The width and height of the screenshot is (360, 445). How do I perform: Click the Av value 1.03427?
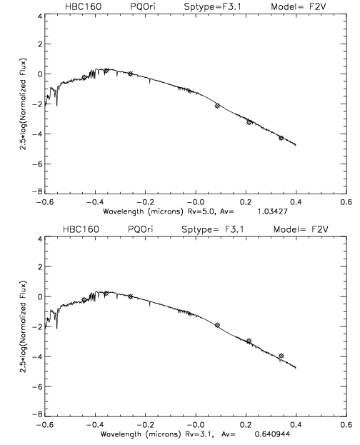click(273, 211)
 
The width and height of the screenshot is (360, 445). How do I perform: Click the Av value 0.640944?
click(272, 434)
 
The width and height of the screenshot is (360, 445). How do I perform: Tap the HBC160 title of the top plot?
click(83, 6)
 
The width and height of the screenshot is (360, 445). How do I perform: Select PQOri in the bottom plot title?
click(140, 229)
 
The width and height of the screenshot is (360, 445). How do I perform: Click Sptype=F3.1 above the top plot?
click(213, 7)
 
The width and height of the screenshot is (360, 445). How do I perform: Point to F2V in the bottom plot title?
click(319, 229)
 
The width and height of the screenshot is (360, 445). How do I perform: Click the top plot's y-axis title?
click(23, 104)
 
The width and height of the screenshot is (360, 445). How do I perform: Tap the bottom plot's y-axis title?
click(23, 327)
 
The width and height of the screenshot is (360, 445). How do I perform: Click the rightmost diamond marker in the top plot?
click(281, 138)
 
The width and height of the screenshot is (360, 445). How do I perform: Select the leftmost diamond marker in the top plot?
click(84, 77)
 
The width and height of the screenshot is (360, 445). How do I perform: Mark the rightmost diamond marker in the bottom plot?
click(281, 356)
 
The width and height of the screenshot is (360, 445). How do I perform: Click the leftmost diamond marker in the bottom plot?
click(84, 300)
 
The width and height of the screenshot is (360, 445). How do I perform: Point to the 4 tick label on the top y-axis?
click(40, 16)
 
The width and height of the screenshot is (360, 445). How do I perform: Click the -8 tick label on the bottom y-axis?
click(37, 414)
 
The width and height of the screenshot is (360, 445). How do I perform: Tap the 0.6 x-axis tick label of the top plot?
click(346, 202)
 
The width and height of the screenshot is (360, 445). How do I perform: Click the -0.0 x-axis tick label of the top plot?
click(196, 202)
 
